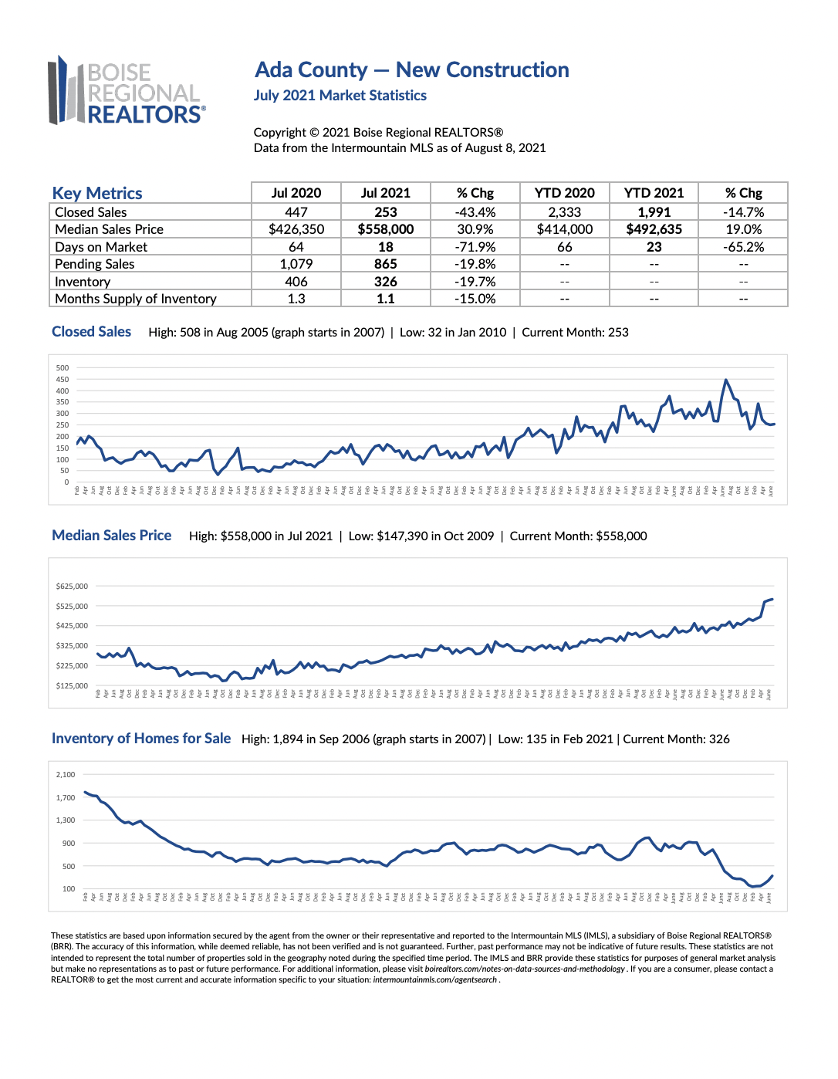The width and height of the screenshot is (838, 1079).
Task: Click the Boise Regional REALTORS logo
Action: pos(127,91)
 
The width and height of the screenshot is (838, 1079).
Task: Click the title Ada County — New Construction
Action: pos(411,70)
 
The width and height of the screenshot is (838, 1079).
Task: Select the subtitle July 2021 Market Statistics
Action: pos(340,96)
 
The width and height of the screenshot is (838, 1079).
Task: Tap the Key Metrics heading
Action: pos(97,193)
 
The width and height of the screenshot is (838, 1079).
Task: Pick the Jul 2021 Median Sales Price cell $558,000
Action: pos(385,229)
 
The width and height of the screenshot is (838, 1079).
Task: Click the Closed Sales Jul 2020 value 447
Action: pos(296,212)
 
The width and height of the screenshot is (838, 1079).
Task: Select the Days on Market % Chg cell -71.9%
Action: pos(475,247)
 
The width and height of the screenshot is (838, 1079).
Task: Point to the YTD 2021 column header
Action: pos(654,193)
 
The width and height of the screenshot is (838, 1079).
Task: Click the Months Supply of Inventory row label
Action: pos(136,299)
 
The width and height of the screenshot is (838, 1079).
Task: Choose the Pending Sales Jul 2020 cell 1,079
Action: pos(296,264)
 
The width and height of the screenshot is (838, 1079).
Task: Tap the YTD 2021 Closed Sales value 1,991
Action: pos(654,212)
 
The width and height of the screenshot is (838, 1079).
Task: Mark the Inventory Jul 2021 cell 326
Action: pos(385,282)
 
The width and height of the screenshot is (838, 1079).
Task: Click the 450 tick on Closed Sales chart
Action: pos(63,379)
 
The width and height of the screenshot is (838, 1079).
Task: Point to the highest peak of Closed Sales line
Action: pos(725,380)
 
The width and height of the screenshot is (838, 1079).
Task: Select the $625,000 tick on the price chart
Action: pos(72,587)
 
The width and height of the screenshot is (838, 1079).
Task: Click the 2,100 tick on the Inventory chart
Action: pos(66,774)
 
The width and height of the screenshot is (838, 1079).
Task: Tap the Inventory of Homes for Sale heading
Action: pos(141,739)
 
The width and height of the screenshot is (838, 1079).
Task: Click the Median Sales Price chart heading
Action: pos(112,536)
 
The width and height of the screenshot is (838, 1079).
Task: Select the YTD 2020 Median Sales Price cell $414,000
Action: pos(564,229)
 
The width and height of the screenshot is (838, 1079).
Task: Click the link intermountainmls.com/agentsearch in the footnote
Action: pos(434,980)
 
